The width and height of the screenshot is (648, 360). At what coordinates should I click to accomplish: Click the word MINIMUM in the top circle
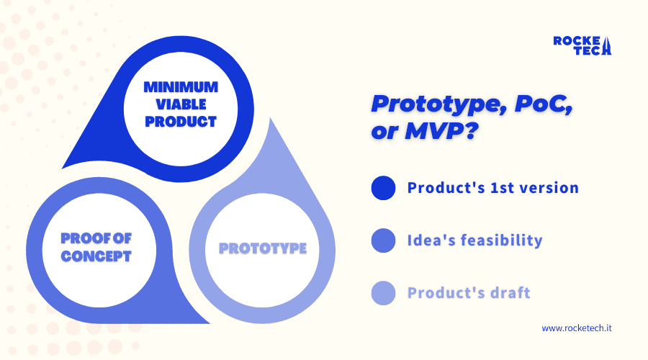(x=181, y=87)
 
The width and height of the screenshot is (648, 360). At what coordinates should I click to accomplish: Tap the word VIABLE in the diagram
(x=181, y=104)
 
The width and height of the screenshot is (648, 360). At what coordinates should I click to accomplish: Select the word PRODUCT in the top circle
(x=181, y=122)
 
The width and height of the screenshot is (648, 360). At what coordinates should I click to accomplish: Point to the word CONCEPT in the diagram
(x=96, y=256)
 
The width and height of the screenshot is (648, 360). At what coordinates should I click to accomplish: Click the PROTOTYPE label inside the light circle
(x=263, y=248)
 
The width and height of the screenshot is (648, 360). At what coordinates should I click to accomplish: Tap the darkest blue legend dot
(x=383, y=188)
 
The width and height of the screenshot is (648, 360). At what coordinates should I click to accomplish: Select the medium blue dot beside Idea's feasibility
(x=383, y=240)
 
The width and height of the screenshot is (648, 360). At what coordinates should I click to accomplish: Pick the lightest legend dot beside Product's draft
(x=383, y=293)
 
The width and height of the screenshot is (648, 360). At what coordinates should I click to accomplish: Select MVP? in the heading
(x=441, y=131)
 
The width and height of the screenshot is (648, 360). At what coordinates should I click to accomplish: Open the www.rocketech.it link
(x=577, y=328)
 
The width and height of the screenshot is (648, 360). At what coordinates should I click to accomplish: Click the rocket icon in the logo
(x=606, y=46)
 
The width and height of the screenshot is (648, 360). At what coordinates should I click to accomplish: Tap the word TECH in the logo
(x=589, y=50)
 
